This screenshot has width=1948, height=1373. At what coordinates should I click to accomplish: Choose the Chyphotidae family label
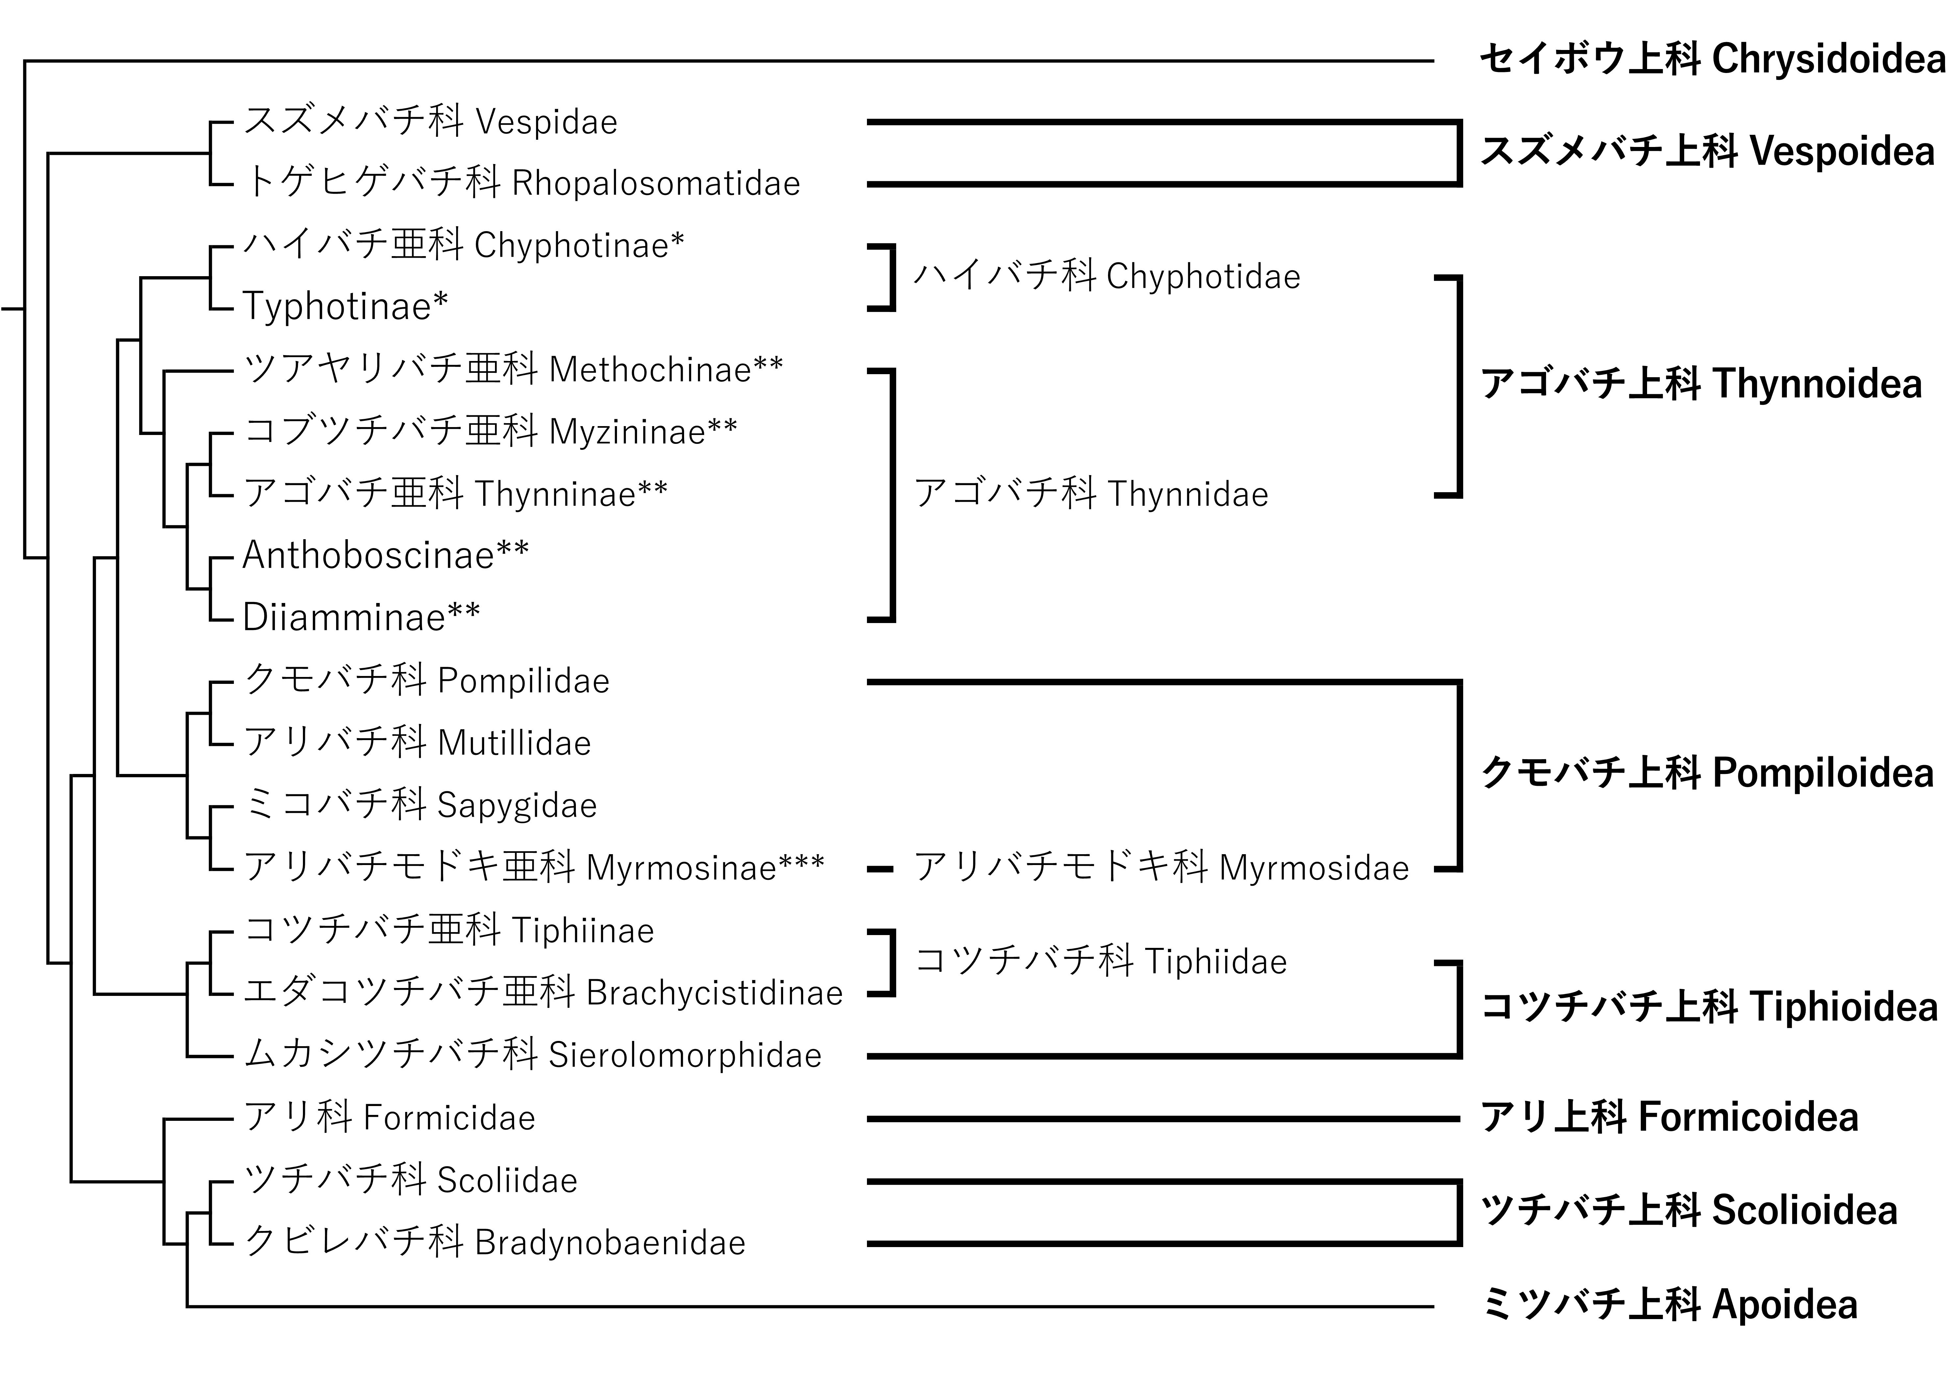[x=1106, y=277]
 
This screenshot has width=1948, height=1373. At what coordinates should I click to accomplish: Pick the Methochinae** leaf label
[x=512, y=369]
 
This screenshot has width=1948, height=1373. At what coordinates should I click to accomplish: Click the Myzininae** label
[x=490, y=432]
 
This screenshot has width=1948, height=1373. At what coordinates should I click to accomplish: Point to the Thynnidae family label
[x=1091, y=494]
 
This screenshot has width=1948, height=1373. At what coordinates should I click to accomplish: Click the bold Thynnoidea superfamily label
[x=1701, y=384]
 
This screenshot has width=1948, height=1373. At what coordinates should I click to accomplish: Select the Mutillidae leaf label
[x=417, y=743]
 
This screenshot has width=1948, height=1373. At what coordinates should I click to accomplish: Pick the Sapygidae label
[x=420, y=805]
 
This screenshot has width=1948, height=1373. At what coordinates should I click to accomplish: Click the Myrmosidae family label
[x=1161, y=868]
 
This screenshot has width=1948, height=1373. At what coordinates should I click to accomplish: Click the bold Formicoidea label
[x=1669, y=1118]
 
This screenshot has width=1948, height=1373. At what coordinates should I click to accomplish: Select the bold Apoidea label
[x=1669, y=1305]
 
